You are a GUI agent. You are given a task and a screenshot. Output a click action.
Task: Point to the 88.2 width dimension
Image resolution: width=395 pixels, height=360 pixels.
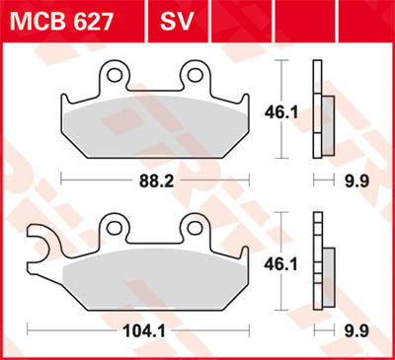pos(154,180)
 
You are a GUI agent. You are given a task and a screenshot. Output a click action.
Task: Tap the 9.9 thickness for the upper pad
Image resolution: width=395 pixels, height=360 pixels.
pos(328,180)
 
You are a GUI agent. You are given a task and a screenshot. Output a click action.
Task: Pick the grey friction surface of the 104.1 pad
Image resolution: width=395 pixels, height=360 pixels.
pos(153,279)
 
